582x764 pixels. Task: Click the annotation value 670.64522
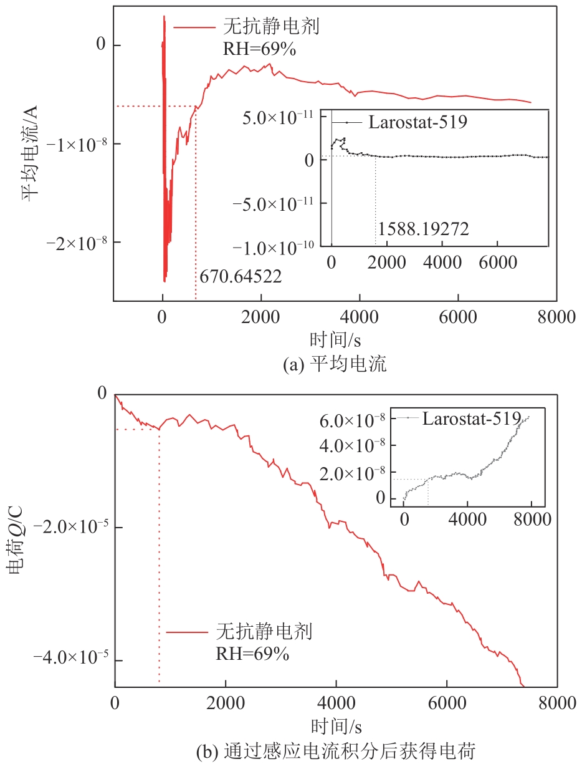[x=241, y=276]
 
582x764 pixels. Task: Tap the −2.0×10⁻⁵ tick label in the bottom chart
[x=70, y=527]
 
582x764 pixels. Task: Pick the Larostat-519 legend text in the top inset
[x=417, y=122]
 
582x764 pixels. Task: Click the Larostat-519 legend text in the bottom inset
[x=471, y=418]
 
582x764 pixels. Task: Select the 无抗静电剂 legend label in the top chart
[x=271, y=27]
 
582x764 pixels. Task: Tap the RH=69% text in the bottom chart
[x=252, y=654]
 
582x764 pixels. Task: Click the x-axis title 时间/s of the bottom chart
[x=335, y=726]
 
